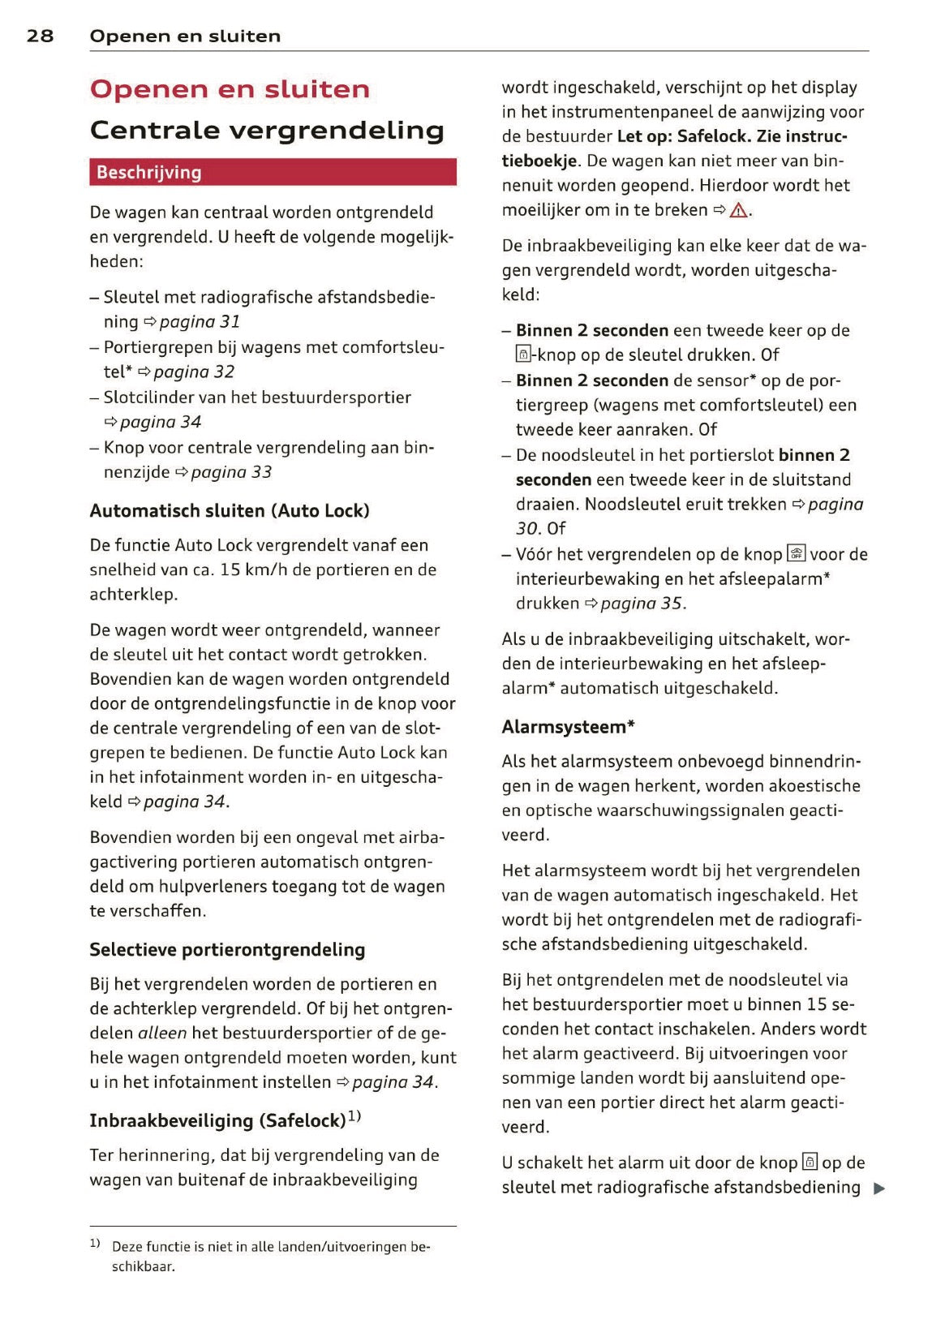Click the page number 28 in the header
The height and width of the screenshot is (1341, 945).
pyautogui.click(x=40, y=36)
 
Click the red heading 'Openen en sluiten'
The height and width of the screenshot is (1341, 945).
pyautogui.click(x=230, y=89)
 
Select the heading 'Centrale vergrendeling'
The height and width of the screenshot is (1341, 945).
pyautogui.click(x=267, y=130)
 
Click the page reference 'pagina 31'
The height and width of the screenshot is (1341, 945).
pyautogui.click(x=200, y=322)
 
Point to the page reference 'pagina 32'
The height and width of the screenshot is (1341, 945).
pyautogui.click(x=194, y=372)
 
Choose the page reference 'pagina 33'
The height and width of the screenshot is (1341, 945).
pyautogui.click(x=231, y=472)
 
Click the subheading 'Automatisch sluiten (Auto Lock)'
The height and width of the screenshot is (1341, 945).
pyautogui.click(x=230, y=511)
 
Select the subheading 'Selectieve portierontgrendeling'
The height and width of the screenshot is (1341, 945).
pyautogui.click(x=227, y=950)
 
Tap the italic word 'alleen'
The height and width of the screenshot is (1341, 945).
pyautogui.click(x=162, y=1034)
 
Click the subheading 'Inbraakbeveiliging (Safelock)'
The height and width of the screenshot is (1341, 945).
pyautogui.click(x=217, y=1121)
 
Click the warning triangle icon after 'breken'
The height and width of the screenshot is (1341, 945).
pyautogui.click(x=738, y=211)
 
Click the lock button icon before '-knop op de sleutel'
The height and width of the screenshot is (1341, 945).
pyautogui.click(x=523, y=355)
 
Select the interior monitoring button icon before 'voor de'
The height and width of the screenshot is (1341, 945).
pyautogui.click(x=796, y=554)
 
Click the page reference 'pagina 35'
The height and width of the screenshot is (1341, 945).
pyautogui.click(x=642, y=604)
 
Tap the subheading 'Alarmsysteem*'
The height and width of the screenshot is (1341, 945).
pyautogui.click(x=568, y=727)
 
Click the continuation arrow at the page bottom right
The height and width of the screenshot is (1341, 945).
pyautogui.click(x=879, y=1189)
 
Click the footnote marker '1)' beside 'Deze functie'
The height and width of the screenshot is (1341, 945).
pyautogui.click(x=95, y=1243)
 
